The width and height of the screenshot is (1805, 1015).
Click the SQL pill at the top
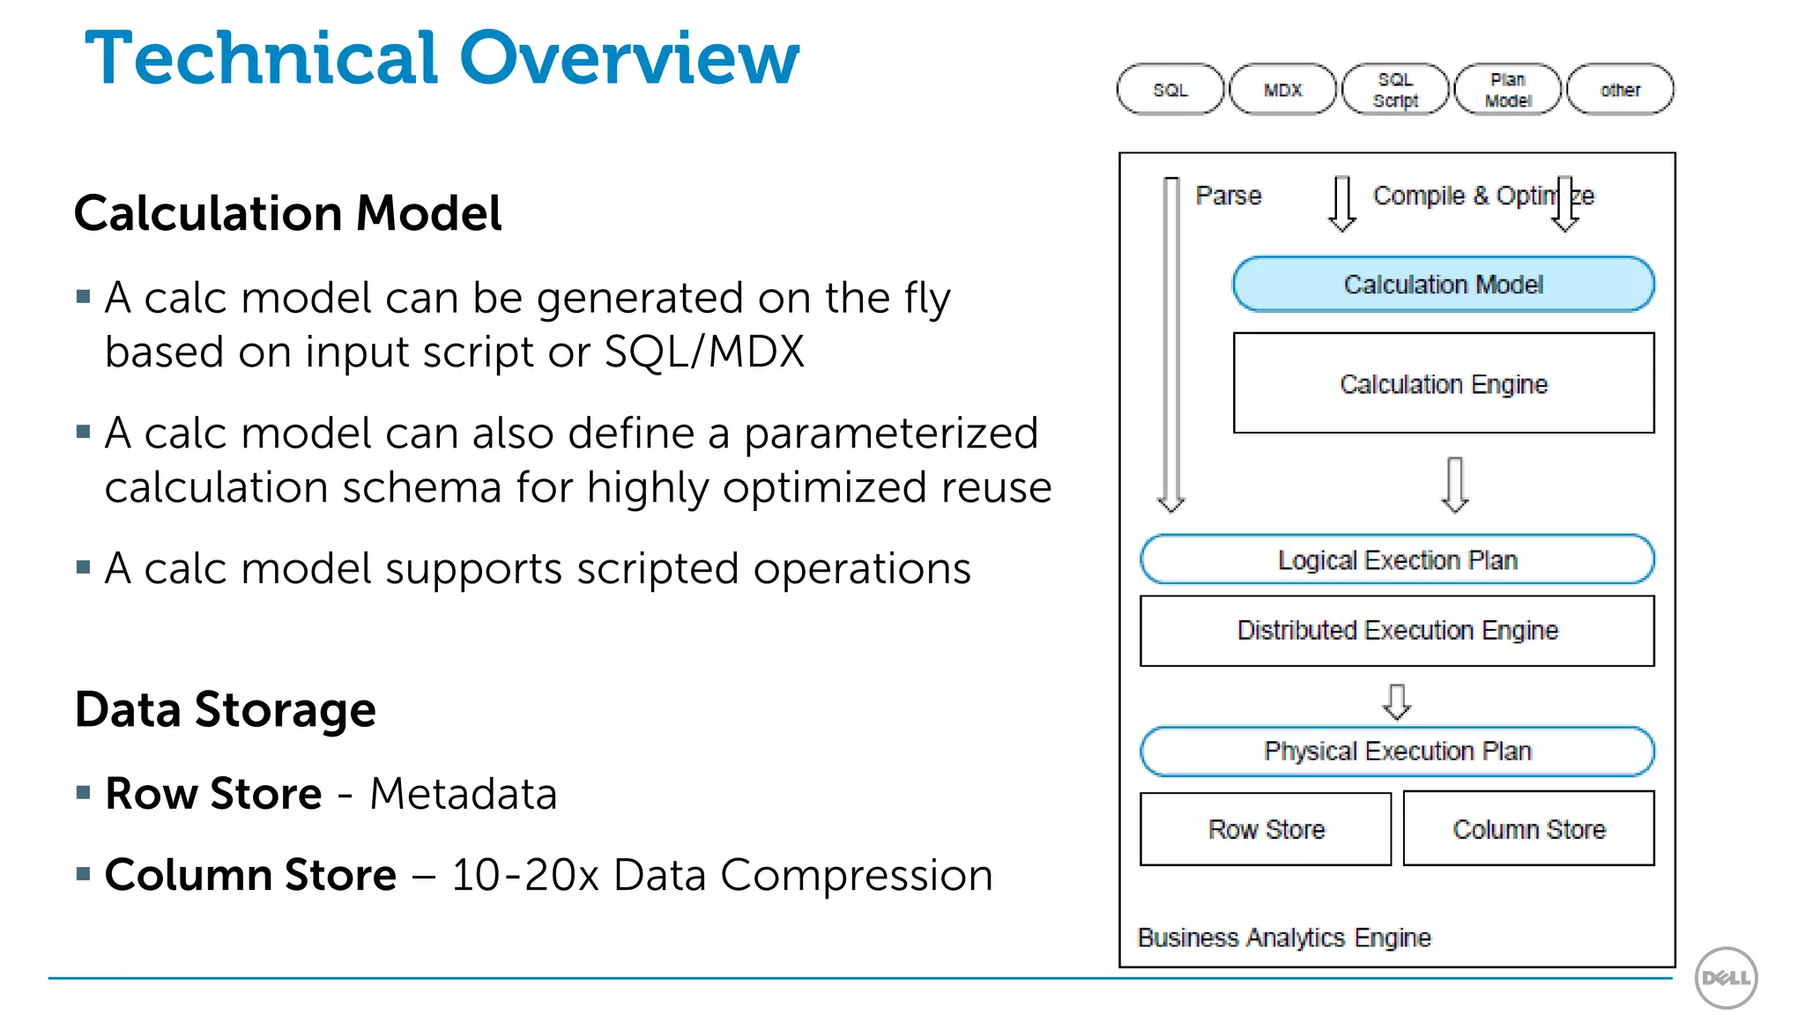point(1170,90)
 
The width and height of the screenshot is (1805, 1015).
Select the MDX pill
point(1282,90)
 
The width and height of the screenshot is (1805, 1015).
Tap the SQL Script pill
point(1395,90)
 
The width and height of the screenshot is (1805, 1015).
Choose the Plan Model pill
point(1508,90)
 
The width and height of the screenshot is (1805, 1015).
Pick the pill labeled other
point(1620,90)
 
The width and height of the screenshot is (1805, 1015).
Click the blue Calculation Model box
point(1443,285)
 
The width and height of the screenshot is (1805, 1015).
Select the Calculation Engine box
point(1443,383)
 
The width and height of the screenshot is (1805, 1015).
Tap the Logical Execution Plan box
point(1397,559)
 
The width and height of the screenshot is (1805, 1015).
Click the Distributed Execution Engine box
point(1397,631)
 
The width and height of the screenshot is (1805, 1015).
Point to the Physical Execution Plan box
point(1397,751)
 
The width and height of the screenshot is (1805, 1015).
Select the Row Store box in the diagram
point(1266,829)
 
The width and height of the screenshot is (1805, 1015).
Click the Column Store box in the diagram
point(1528,829)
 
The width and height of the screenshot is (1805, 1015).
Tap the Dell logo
point(1726,978)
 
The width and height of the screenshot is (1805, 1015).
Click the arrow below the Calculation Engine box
point(1455,485)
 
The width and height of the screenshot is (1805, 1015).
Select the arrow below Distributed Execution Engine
point(1397,701)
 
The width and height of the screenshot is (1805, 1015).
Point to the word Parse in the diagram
point(1228,196)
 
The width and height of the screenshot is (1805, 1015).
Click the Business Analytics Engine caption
point(1284,937)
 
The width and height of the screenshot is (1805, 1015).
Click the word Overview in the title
point(629,58)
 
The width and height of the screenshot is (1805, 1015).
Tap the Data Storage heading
point(226,709)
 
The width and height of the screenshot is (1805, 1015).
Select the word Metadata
point(464,794)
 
